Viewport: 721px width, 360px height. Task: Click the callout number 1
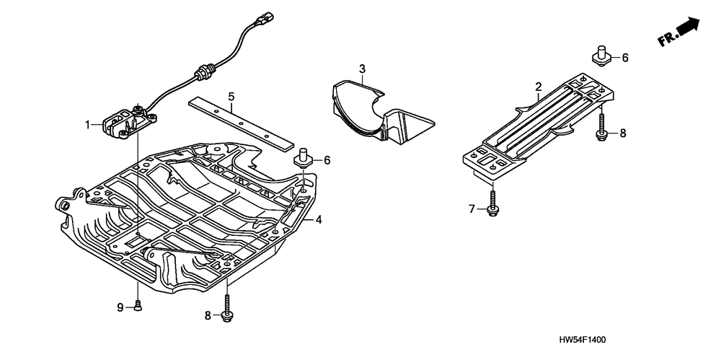pos(87,124)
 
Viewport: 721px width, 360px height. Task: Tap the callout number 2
pos(538,87)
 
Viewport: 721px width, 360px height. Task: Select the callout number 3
pos(363,69)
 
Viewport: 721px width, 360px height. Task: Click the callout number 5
pos(231,96)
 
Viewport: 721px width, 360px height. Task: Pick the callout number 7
pos(472,209)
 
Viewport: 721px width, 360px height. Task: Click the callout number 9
pos(121,307)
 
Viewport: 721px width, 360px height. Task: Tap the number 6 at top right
pos(624,58)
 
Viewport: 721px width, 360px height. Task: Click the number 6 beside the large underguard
pos(327,160)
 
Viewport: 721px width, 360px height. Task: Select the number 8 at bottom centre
pos(209,315)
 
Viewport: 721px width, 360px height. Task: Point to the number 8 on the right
pos(623,133)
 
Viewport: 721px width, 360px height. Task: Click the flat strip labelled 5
pos(237,120)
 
